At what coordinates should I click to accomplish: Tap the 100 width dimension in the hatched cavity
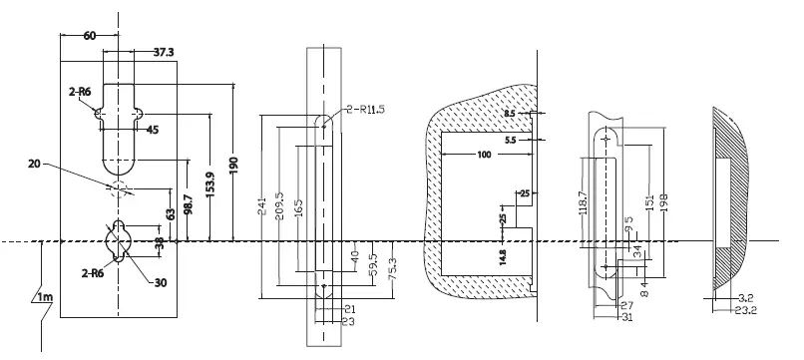click(x=484, y=155)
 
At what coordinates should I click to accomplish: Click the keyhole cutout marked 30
click(x=120, y=238)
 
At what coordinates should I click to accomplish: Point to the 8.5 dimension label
click(x=511, y=115)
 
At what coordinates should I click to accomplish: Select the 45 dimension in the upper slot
click(x=153, y=130)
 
